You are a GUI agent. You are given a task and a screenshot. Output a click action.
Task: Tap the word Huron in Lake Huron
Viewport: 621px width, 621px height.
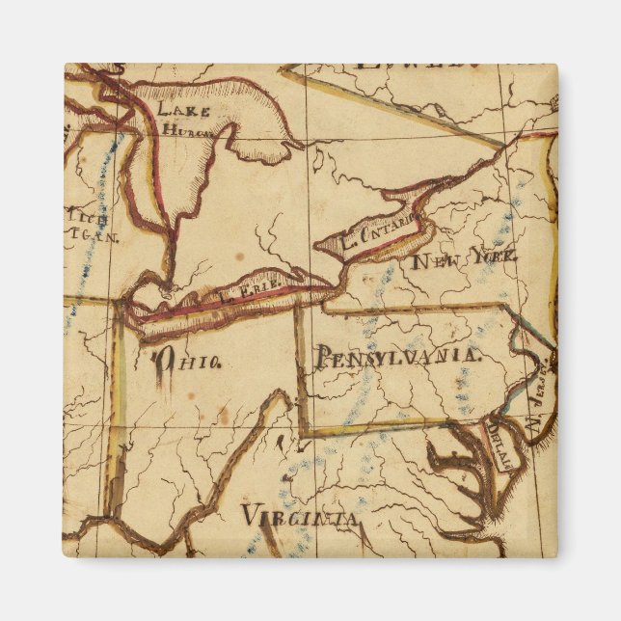[x=186, y=128]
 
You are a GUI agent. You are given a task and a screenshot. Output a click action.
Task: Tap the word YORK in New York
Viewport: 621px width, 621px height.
[x=493, y=256]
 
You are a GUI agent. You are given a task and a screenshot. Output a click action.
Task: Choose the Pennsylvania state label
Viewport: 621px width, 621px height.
[x=396, y=356]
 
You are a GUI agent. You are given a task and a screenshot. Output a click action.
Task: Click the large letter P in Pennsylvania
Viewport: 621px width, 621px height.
[x=322, y=356]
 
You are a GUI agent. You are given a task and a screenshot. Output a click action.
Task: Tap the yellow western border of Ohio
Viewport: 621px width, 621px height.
[x=117, y=405]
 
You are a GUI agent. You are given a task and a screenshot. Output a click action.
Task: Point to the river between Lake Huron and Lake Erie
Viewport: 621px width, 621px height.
[x=170, y=260]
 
